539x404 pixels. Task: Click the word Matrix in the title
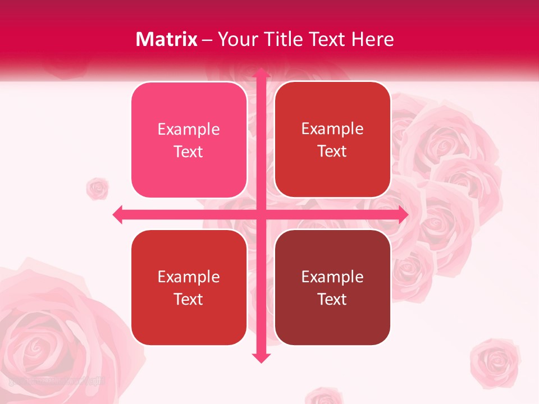[x=167, y=39]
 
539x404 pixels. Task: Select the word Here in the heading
[x=373, y=39]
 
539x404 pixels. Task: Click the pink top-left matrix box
[x=189, y=140]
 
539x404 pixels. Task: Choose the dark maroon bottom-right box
[x=332, y=287]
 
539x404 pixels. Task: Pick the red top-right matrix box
[x=332, y=140]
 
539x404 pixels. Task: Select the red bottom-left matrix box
[x=189, y=287]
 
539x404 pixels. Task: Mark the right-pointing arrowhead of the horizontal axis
[x=403, y=214]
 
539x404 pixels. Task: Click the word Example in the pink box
[x=189, y=129]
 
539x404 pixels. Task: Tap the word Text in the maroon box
[x=332, y=299]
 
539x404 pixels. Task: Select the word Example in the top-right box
[x=332, y=128]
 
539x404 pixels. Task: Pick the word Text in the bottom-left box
[x=189, y=299]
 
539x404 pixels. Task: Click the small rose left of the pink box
[x=98, y=189]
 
